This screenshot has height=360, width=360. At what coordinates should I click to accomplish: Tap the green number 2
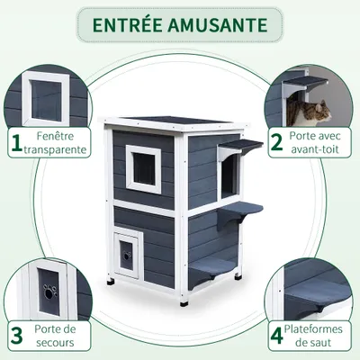click(x=276, y=140)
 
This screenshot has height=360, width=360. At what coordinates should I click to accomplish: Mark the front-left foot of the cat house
click(x=112, y=287)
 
